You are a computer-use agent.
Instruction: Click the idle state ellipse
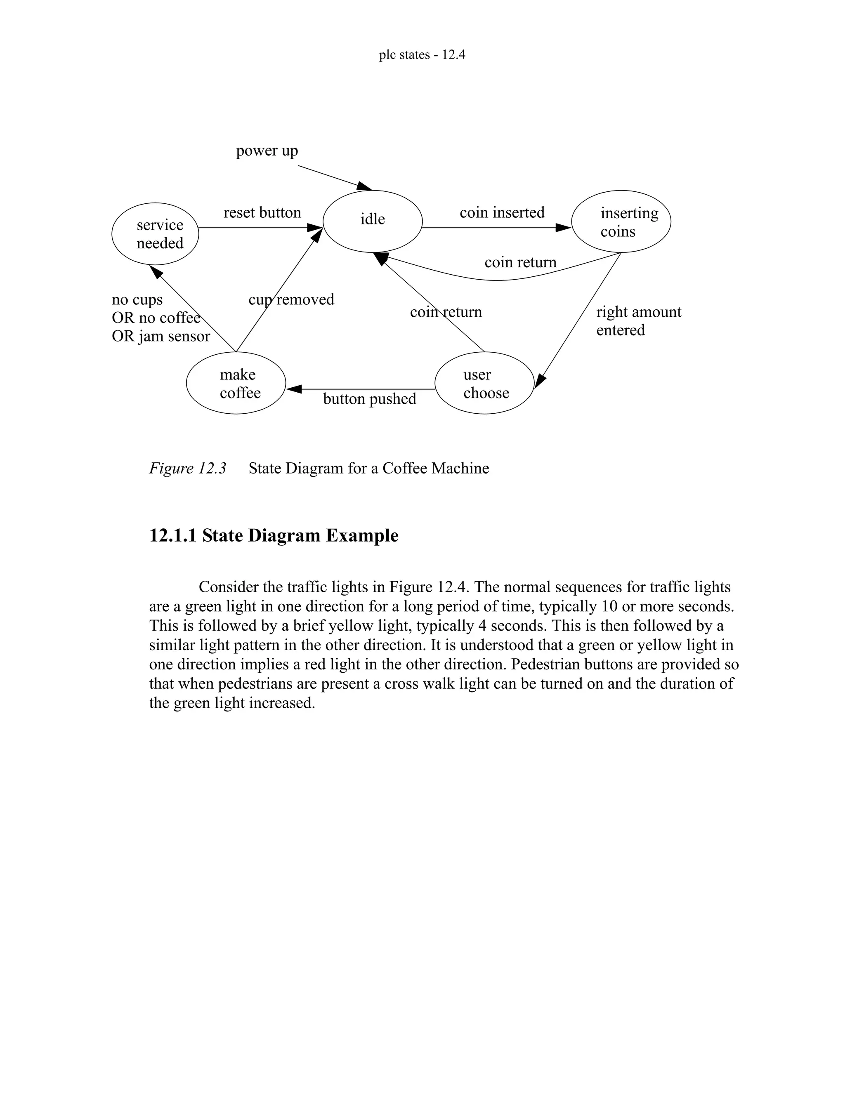click(373, 221)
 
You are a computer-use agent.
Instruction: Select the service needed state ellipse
click(155, 234)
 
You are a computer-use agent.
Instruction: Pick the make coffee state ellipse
click(236, 383)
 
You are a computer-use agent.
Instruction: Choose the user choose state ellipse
click(484, 383)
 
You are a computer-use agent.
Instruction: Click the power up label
click(267, 151)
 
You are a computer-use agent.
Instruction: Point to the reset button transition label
click(262, 213)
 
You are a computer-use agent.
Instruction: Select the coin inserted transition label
click(502, 213)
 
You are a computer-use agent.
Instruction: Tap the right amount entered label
click(638, 321)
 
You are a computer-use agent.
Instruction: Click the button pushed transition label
click(369, 399)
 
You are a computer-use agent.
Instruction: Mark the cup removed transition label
click(291, 299)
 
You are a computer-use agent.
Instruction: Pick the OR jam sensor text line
click(161, 336)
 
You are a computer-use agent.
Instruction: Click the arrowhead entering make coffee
click(293, 389)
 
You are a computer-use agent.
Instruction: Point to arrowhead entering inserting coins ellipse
click(564, 228)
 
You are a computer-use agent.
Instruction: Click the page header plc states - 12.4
click(422, 54)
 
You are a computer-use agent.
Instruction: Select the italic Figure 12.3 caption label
click(188, 469)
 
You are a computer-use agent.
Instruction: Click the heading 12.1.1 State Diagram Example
click(274, 535)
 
